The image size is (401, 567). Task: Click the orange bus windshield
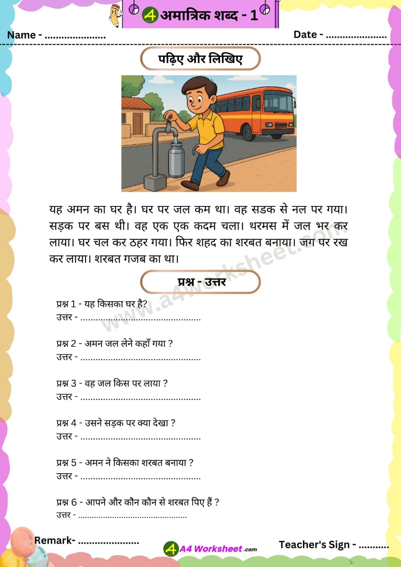pyautogui.click(x=285, y=102)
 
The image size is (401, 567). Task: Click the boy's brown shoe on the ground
pyautogui.click(x=190, y=185)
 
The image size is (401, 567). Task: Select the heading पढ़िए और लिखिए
pyautogui.click(x=200, y=59)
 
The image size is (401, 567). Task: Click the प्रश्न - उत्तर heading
pyautogui.click(x=200, y=282)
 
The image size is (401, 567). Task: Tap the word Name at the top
pyautogui.click(x=22, y=35)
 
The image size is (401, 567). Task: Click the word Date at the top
pyautogui.click(x=305, y=35)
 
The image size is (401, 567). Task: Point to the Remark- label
pyautogui.click(x=55, y=540)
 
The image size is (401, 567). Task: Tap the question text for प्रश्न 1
pyautogui.click(x=102, y=304)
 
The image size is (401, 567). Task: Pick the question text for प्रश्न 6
pyautogui.click(x=138, y=502)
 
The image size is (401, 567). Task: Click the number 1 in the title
pyautogui.click(x=254, y=16)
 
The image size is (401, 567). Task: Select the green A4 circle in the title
pyautogui.click(x=150, y=16)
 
